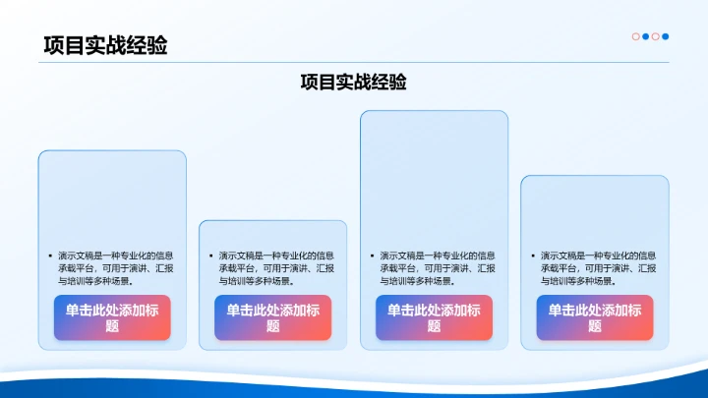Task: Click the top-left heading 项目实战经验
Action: (x=104, y=45)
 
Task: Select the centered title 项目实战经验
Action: (x=354, y=83)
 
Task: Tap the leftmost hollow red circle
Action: (x=635, y=36)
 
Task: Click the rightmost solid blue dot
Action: (x=666, y=36)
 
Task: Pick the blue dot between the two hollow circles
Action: (x=645, y=36)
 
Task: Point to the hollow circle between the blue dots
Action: (x=656, y=36)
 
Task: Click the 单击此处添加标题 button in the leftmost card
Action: (x=112, y=317)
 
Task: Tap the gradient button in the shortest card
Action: (x=272, y=317)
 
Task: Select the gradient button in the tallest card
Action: (x=434, y=317)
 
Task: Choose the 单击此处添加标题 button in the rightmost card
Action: (x=595, y=317)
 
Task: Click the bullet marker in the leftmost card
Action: (x=49, y=256)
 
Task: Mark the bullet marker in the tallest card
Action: (x=371, y=256)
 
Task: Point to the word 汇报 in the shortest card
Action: (x=324, y=267)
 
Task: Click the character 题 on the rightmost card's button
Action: (x=595, y=326)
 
